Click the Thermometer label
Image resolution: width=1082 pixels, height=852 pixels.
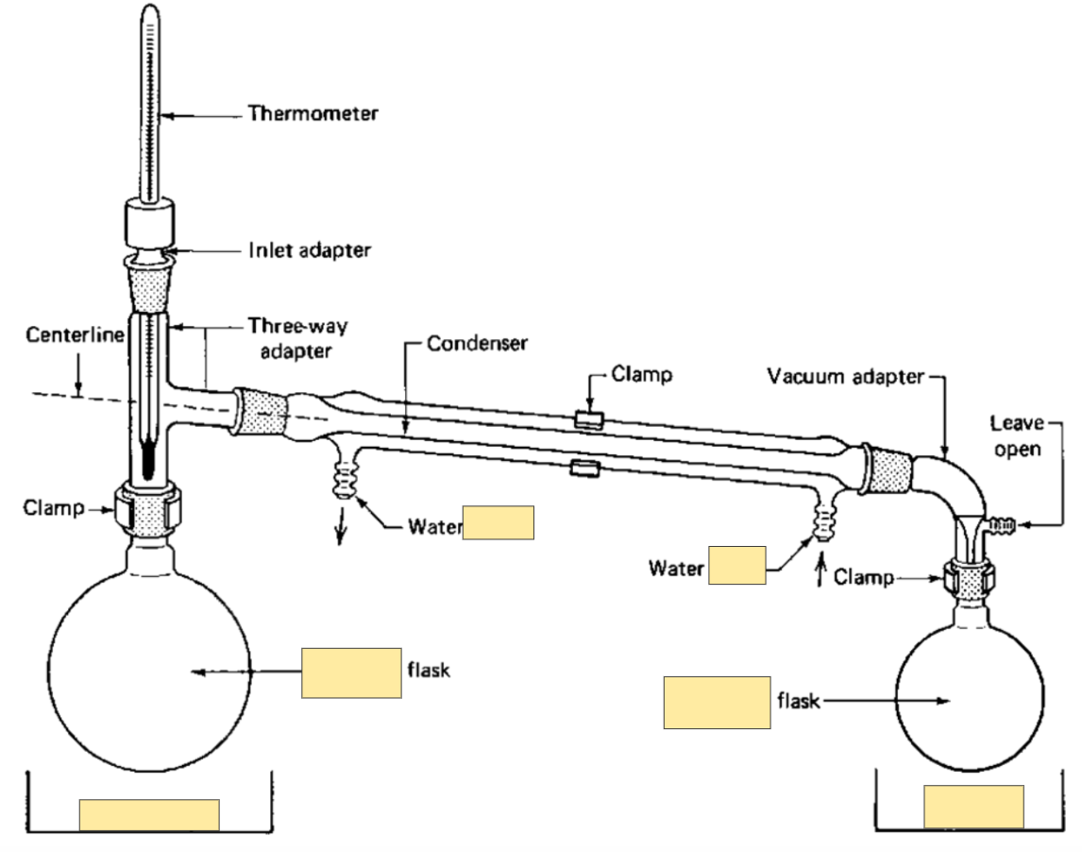tap(313, 113)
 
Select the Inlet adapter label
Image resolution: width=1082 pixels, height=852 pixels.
tap(309, 249)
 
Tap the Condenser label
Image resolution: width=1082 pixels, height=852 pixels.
tap(477, 343)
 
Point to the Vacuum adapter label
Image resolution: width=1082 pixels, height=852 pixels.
tap(845, 376)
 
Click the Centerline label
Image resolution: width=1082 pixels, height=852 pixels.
tap(75, 335)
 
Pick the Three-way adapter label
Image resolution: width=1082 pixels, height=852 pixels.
tap(297, 338)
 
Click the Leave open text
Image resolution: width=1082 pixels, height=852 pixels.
tap(1017, 435)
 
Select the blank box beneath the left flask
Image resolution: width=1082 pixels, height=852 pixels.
tap(149, 815)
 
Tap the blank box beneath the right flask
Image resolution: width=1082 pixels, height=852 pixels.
tap(973, 806)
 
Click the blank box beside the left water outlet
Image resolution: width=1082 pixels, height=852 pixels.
tap(499, 522)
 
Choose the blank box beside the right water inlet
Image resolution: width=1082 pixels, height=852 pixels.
tap(737, 566)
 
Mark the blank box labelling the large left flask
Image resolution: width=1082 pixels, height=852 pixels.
tap(351, 673)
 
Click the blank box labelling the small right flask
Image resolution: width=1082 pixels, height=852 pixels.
tap(717, 703)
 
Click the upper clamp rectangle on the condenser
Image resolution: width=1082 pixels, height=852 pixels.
tap(589, 419)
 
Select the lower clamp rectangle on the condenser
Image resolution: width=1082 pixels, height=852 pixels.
tap(584, 469)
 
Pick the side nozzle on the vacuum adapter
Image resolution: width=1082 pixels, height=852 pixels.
tap(1002, 525)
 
